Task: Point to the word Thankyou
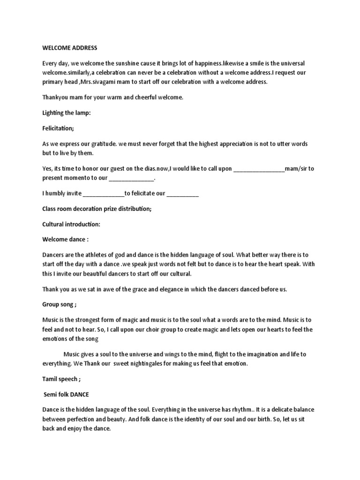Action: coord(56,98)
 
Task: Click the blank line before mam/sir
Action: coord(258,169)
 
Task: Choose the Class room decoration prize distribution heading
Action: coord(97,209)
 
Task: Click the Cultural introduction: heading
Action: coord(71,224)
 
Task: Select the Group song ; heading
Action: coord(59,304)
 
